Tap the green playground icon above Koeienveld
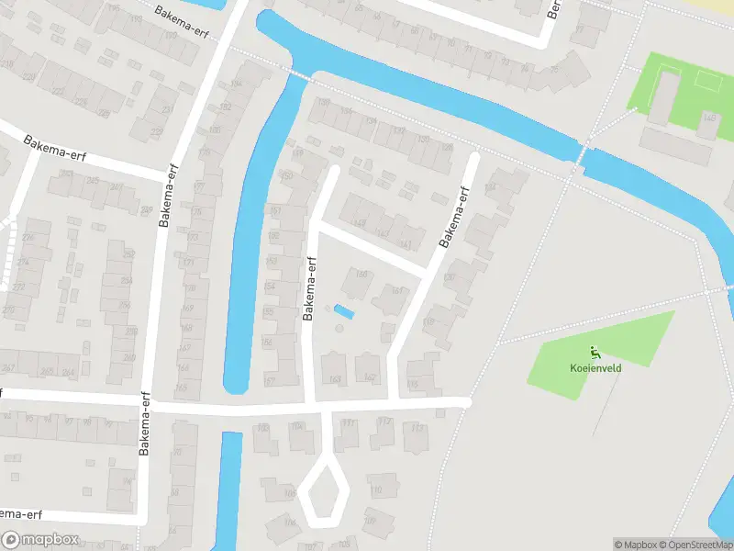[595, 353]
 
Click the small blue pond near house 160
[344, 312]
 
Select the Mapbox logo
[40, 540]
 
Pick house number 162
[370, 377]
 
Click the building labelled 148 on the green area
[708, 119]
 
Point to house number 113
[417, 428]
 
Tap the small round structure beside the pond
[339, 328]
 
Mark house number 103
[264, 428]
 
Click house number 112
[384, 422]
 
